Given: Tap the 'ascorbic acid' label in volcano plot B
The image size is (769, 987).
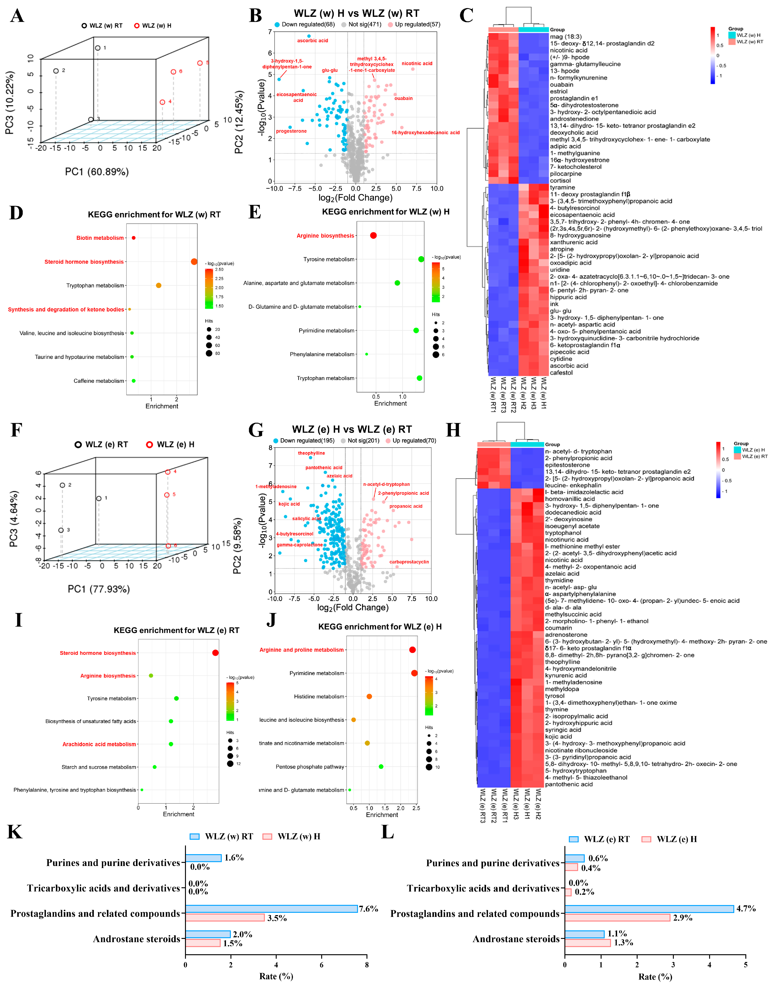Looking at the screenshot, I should coord(313,41).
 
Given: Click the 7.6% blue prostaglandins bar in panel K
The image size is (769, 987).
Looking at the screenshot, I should coord(271,908).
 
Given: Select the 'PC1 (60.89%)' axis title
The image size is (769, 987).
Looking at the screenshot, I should coord(97,172).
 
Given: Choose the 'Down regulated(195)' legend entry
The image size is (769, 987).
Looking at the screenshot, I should coord(303,441).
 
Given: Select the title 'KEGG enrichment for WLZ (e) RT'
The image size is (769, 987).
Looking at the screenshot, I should coord(176,630).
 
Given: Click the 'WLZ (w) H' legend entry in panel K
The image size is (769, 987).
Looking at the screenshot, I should coord(298,837).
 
